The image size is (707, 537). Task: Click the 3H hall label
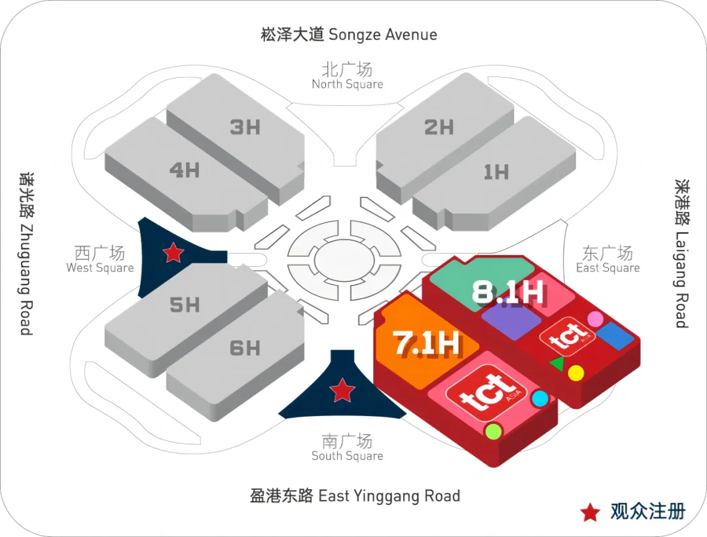[245, 127]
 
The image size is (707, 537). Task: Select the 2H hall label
[439, 127]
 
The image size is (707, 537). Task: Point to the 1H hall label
[496, 172]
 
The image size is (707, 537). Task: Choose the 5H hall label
[184, 304]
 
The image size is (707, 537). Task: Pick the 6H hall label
[245, 348]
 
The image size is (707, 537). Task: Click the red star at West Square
[173, 252]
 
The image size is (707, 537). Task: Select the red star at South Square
[342, 390]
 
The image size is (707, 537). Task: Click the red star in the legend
[590, 512]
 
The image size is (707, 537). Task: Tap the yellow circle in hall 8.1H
[575, 373]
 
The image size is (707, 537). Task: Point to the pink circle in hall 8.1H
[594, 319]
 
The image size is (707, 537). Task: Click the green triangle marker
[556, 363]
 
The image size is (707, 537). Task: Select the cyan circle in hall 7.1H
[539, 398]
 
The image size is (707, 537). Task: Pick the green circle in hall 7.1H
[492, 431]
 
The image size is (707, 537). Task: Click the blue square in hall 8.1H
[615, 335]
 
